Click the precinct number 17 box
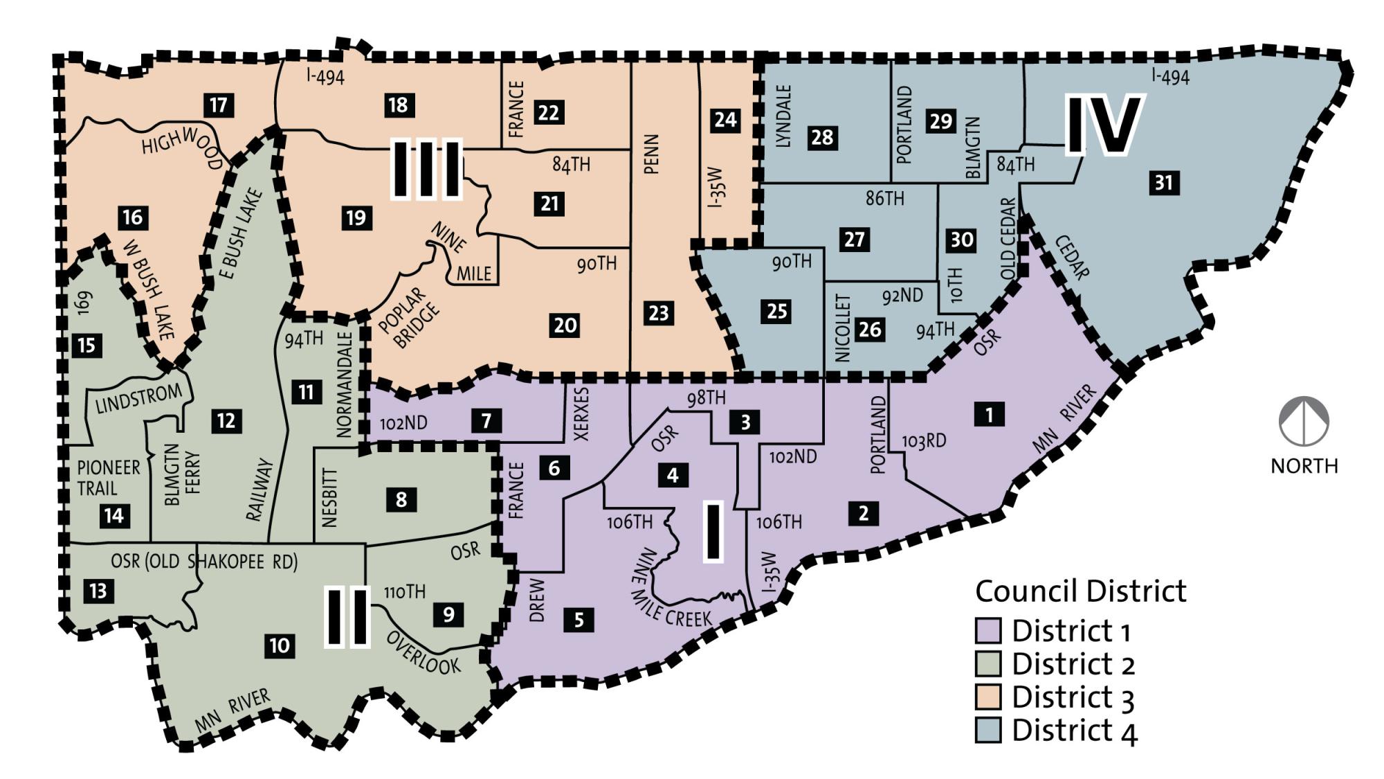pyautogui.click(x=219, y=105)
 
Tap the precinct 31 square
pyautogui.click(x=1164, y=183)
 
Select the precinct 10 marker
pyautogui.click(x=280, y=646)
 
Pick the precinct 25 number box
pyautogui.click(x=776, y=311)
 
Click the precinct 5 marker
pyautogui.click(x=579, y=620)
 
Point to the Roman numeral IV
pyautogui.click(x=1103, y=125)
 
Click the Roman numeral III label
pyautogui.click(x=426, y=168)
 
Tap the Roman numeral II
pyautogui.click(x=347, y=617)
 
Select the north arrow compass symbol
pyautogui.click(x=1304, y=421)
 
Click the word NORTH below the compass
pyautogui.click(x=1304, y=466)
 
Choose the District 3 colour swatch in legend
pyautogui.click(x=988, y=697)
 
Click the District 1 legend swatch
pyautogui.click(x=988, y=631)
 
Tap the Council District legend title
pyautogui.click(x=1080, y=591)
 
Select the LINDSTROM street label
pyautogui.click(x=138, y=400)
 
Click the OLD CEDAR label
pyautogui.click(x=1008, y=239)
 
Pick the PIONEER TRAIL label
pyautogui.click(x=108, y=478)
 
